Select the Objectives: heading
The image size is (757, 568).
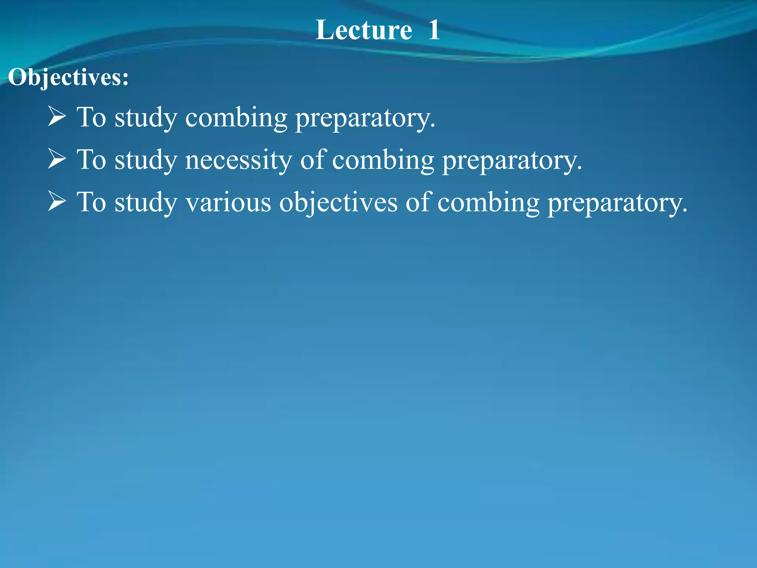click(x=69, y=78)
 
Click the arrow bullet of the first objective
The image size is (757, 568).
click(x=57, y=116)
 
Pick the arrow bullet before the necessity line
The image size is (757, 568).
click(x=57, y=159)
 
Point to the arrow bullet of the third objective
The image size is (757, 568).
click(x=57, y=202)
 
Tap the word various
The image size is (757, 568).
click(x=228, y=202)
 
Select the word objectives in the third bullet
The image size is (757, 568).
click(x=338, y=203)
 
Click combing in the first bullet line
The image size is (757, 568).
click(x=236, y=118)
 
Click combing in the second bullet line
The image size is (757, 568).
click(x=383, y=160)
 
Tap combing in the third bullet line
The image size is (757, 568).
click(x=488, y=203)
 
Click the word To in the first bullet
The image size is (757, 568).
click(x=91, y=117)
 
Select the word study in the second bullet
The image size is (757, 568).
click(x=146, y=160)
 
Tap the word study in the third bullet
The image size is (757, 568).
click(x=146, y=203)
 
